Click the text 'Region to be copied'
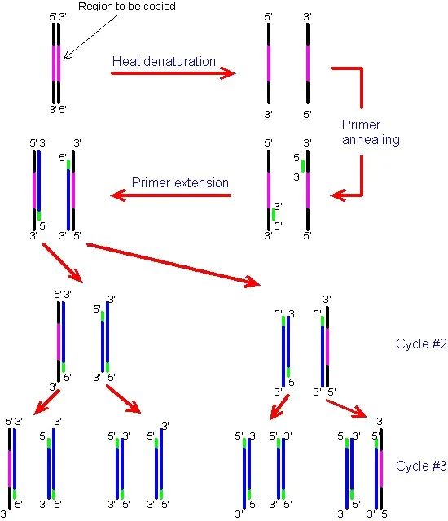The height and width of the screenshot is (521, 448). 126,7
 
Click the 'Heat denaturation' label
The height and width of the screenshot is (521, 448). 164,61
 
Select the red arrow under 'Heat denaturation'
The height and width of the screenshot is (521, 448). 173,73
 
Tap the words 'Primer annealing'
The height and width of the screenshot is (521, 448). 371,132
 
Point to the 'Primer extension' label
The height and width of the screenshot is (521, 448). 180,182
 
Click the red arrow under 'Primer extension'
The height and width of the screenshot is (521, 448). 171,195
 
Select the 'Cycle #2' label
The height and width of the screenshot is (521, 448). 421,344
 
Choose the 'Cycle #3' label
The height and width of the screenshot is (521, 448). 421,466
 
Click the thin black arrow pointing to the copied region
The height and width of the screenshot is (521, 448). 90,37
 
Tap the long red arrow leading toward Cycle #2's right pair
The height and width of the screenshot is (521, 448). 173,265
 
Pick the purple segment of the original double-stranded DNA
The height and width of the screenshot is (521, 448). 56,63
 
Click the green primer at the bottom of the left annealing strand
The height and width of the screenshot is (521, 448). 274,215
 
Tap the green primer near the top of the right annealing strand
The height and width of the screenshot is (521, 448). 303,166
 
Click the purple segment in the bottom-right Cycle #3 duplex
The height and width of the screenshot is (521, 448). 381,469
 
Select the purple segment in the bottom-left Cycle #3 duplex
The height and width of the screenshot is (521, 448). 10,469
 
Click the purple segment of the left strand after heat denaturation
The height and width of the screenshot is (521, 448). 269,63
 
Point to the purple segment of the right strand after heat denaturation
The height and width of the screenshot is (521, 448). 308,63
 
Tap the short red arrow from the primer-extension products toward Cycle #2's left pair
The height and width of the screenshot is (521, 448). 63,263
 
